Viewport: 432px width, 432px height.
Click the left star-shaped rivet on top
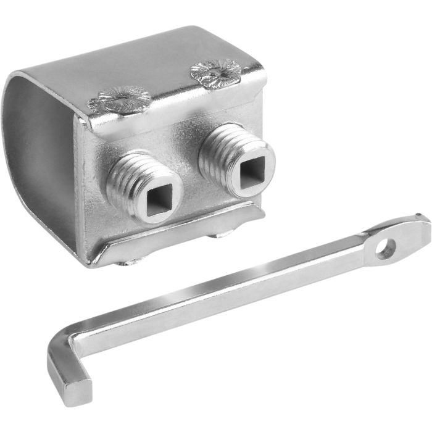tap(121, 99)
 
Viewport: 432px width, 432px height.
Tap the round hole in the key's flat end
tap(386, 247)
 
